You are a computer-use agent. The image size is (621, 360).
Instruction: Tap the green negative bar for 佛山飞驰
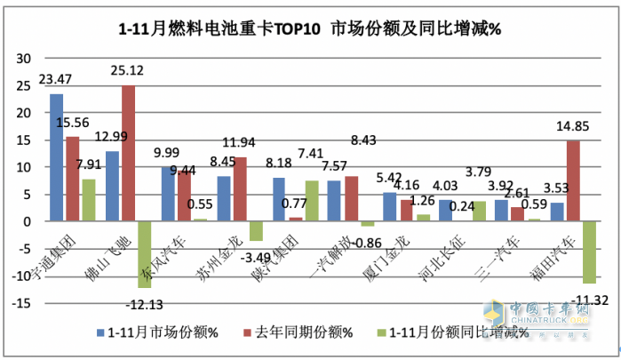[143, 254]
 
